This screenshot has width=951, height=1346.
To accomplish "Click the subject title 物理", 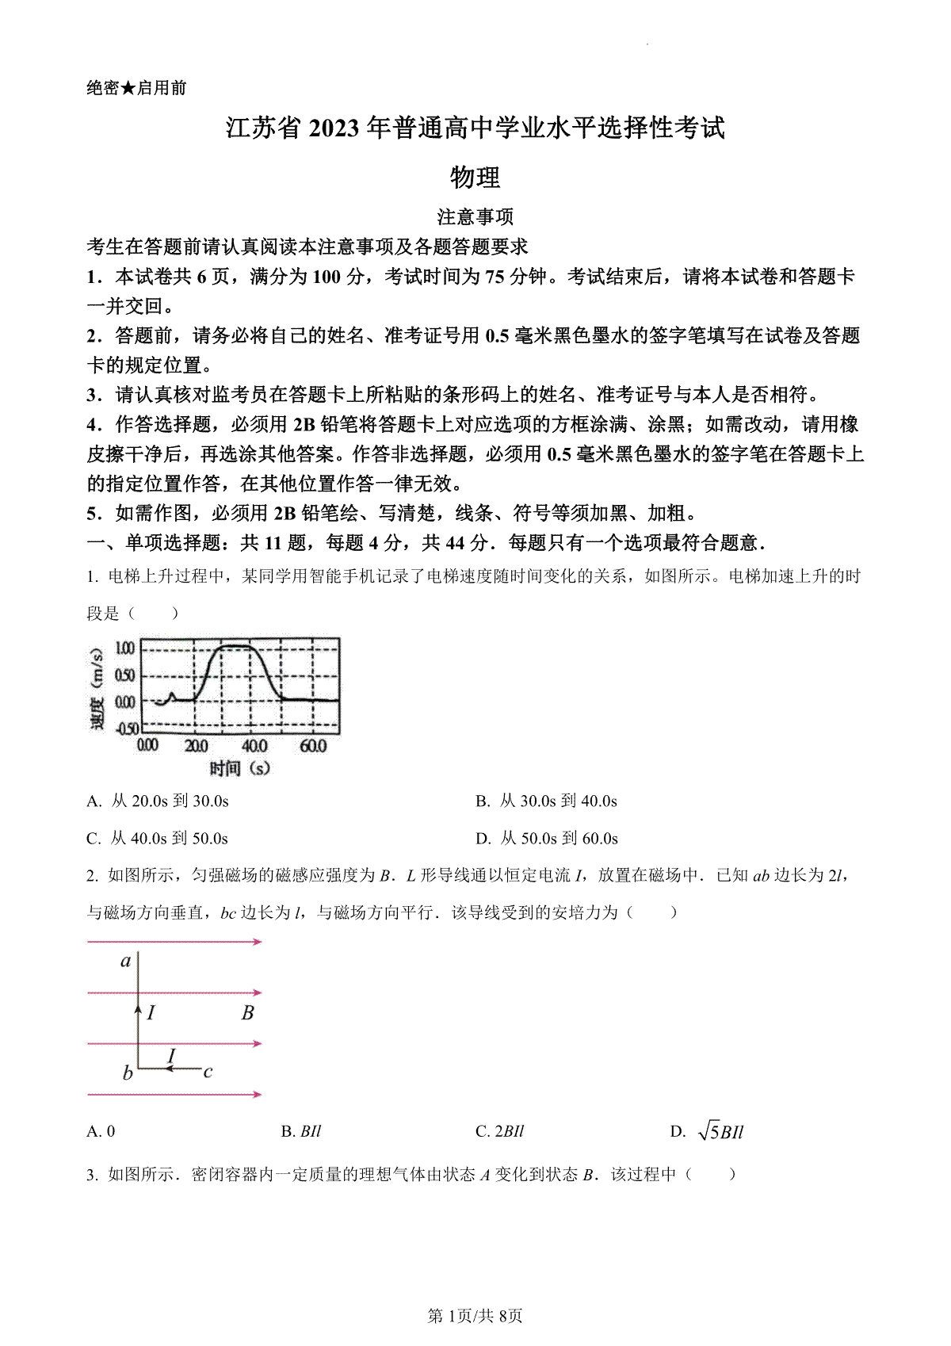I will [475, 177].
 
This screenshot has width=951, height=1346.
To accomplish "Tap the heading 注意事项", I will [475, 216].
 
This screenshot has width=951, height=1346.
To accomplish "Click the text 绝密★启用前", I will [136, 88].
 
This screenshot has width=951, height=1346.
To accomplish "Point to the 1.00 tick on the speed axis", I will [125, 648].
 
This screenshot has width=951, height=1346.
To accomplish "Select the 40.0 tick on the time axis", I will [254, 746].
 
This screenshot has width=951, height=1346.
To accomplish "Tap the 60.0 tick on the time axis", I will [313, 746].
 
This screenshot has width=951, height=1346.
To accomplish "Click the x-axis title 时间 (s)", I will [239, 767].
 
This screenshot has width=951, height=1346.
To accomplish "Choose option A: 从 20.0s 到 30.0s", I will [158, 801].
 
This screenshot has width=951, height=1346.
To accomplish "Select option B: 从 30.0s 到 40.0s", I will [546, 801].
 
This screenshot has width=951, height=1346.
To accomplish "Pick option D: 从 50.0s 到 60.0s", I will [547, 839].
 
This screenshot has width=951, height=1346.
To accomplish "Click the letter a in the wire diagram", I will [125, 962].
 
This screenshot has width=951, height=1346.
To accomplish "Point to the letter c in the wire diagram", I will [208, 1072].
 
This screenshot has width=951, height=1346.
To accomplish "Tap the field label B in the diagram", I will [247, 1012].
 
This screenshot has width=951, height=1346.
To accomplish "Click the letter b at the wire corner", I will [127, 1074].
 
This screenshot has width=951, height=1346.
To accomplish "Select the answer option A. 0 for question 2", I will [101, 1132].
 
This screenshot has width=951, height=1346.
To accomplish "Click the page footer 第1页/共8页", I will [475, 1317].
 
